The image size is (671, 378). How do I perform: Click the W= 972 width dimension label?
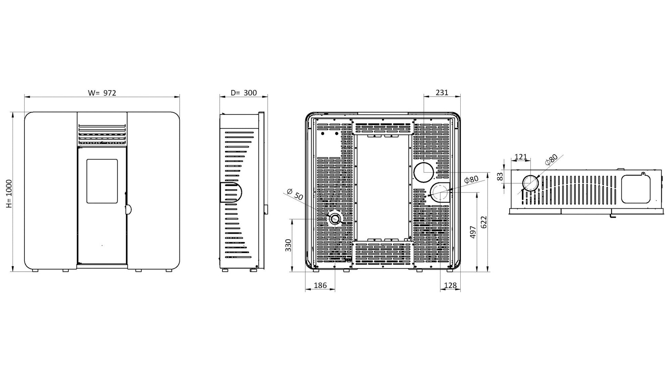click(102, 93)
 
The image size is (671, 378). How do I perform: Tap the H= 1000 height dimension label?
click(9, 194)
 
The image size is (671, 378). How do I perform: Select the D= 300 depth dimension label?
click(244, 93)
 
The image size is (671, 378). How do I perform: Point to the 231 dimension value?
click(442, 92)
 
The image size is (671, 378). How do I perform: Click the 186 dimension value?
click(320, 285)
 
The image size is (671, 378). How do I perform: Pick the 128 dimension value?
click(450, 285)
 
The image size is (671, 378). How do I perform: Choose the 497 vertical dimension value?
click(473, 232)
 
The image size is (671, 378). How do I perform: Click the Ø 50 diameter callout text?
click(295, 194)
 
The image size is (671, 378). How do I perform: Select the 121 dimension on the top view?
click(521, 157)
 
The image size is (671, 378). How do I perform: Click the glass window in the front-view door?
click(102, 181)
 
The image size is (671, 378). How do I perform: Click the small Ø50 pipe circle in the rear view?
click(335, 219)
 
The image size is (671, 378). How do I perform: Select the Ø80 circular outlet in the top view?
click(531, 183)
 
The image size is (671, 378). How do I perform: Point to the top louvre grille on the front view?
click(102, 134)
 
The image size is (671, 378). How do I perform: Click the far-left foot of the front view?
click(35, 270)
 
